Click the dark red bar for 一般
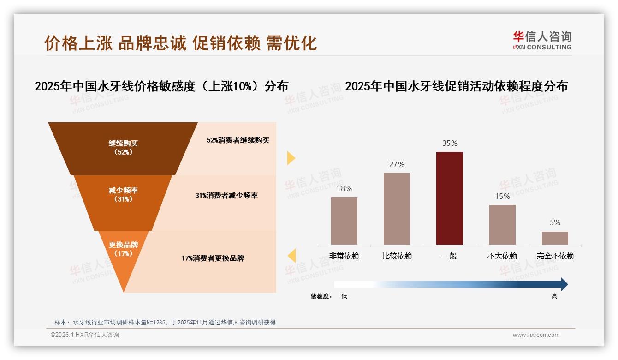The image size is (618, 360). tap(449, 198)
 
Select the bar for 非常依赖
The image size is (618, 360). tap(344, 221)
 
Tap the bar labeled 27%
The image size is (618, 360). tap(397, 209)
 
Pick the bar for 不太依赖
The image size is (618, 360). tap(502, 224)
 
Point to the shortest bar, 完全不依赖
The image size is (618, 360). tap(555, 238)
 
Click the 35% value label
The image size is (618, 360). tap(450, 144)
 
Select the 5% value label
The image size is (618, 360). tap(555, 223)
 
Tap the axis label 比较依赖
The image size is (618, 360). tap(397, 256)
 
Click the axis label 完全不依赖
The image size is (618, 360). tap(555, 256)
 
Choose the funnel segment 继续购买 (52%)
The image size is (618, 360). tap(123, 148)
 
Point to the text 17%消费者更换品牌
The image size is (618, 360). tap(213, 258)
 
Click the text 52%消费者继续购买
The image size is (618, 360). tap(238, 140)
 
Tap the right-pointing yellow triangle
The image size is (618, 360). tap(291, 158)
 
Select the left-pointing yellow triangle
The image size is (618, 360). tap(291, 255)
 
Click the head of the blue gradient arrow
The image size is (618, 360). tap(564, 284)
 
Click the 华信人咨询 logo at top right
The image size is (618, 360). tap(542, 40)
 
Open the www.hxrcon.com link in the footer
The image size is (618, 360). tap(536, 335)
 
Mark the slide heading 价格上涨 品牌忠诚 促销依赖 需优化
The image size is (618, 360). tap(180, 43)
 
